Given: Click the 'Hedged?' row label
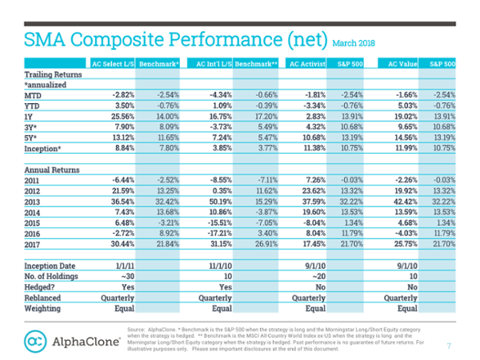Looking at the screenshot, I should [x=41, y=286].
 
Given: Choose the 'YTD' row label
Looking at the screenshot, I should [x=33, y=105].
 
